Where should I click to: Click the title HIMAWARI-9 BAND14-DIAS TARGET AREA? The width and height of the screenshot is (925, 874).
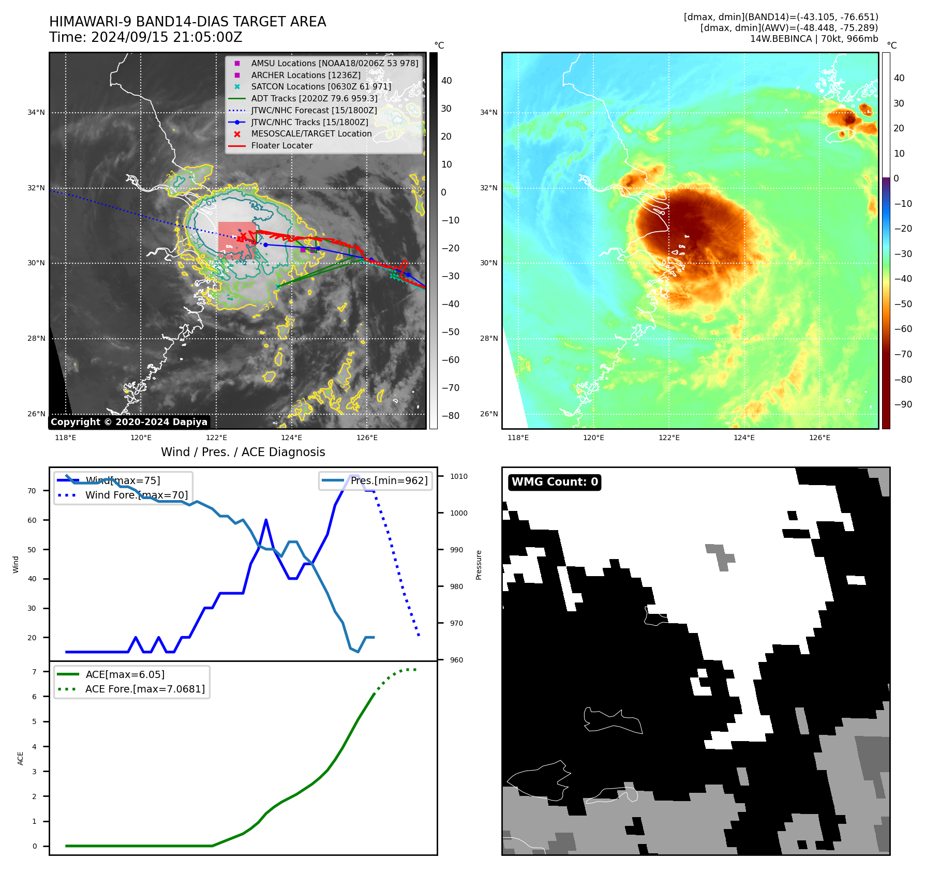[x=187, y=22]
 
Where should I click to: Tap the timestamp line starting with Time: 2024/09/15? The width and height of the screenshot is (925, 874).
[x=145, y=37]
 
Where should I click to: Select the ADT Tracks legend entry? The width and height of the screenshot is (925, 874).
[x=314, y=98]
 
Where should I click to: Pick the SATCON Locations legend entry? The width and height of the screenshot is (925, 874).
[x=321, y=86]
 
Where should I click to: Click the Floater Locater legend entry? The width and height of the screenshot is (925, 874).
[x=281, y=145]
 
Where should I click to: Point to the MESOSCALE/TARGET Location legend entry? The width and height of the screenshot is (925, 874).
[x=311, y=133]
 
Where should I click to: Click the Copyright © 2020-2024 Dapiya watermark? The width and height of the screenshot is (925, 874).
[x=129, y=422]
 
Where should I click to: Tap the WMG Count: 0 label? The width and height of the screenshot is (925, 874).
[x=555, y=482]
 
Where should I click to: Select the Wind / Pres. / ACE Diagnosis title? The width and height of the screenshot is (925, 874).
[x=243, y=452]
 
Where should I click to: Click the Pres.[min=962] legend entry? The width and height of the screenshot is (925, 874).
[x=389, y=480]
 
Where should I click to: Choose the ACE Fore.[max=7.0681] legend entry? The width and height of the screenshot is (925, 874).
[x=145, y=689]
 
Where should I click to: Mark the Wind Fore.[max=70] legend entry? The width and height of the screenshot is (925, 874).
[x=137, y=495]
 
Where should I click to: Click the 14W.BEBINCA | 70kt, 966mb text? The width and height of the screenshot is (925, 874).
[x=814, y=39]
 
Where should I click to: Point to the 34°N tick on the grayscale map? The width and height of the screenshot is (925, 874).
[x=36, y=112]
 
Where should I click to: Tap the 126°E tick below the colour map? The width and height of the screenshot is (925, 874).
[x=819, y=438]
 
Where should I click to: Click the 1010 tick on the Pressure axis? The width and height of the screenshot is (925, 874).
[x=458, y=476]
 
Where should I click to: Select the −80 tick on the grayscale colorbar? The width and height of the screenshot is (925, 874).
[x=450, y=416]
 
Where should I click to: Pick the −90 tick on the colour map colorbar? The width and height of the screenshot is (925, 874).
[x=903, y=404]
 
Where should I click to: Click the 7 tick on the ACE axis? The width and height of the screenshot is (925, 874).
[x=34, y=672]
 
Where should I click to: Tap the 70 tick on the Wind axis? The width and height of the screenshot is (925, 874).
[x=32, y=491]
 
